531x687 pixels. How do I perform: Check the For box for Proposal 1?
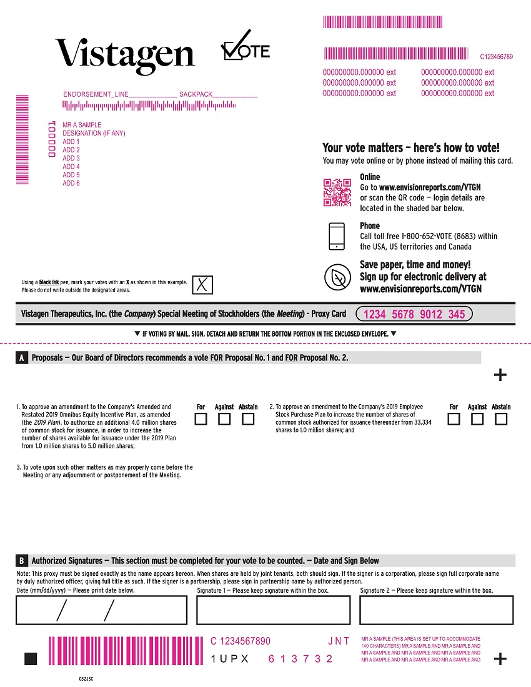201,419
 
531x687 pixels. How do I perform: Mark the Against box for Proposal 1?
224,419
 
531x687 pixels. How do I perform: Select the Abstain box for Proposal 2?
501,419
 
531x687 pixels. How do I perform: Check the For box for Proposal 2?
454,419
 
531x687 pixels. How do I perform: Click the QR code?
337,192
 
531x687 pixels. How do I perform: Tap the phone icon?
337,236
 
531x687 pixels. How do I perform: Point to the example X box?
202,285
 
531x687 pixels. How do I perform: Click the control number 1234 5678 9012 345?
414,314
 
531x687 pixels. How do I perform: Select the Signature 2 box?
436,610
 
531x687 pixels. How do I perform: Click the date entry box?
101,610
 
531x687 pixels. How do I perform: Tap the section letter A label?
22,358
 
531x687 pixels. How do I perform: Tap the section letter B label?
22,560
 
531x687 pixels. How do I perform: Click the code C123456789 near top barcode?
496,57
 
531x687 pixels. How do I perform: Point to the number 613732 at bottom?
300,659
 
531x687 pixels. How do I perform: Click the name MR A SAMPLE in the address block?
82,125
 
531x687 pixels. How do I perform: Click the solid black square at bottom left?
31,659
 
